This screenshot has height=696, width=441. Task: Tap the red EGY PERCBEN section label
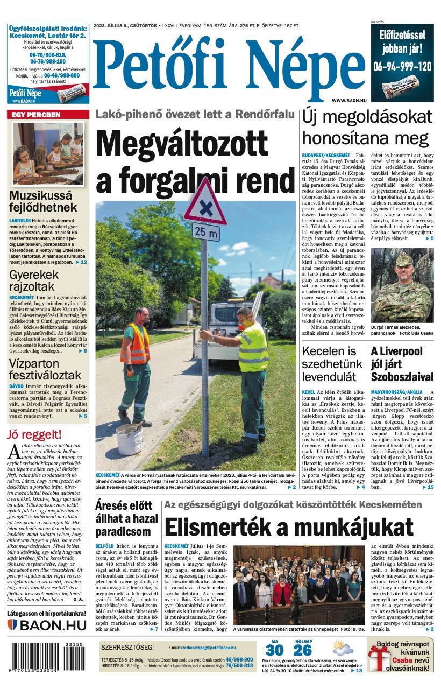tap(37, 115)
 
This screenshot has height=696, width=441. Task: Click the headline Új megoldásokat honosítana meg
tap(367, 125)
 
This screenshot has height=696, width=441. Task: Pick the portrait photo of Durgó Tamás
tap(402, 285)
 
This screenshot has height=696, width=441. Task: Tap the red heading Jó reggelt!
tap(34, 434)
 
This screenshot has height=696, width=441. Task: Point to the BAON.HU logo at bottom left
tap(47, 625)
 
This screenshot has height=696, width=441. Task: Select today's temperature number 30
tap(274, 650)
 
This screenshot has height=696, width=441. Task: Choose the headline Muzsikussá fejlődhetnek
tap(43, 201)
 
